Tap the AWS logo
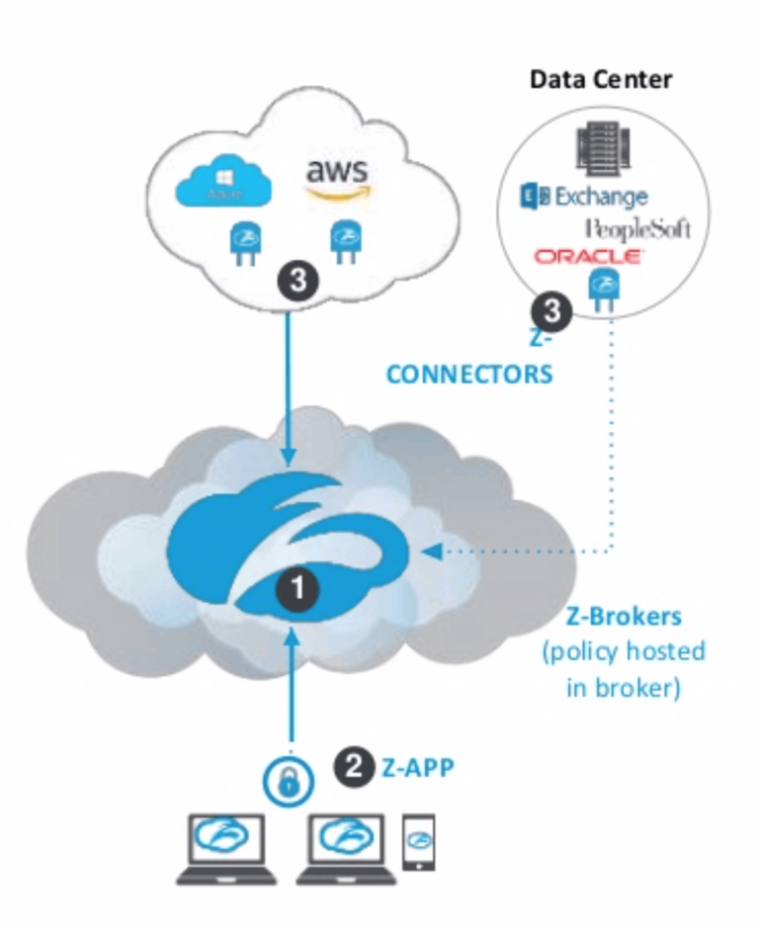coord(339,179)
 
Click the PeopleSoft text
coord(637,229)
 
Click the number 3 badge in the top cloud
coord(297,281)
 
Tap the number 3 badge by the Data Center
coord(551,312)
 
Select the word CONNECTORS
coord(468,376)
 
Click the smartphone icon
coord(420,841)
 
